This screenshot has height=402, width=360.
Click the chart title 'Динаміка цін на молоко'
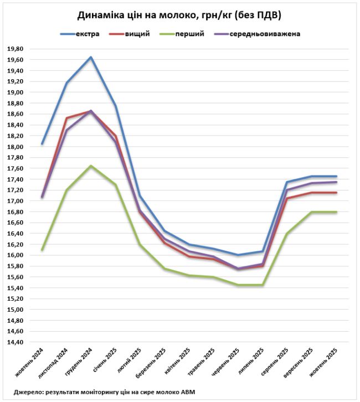tap(179, 15)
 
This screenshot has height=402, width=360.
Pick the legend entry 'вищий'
tap(138, 34)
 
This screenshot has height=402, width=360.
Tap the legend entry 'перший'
tap(189, 34)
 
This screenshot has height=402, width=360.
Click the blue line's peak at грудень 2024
tap(91, 57)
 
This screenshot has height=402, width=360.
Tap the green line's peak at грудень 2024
tap(91, 166)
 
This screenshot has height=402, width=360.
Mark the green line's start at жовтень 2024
tap(42, 250)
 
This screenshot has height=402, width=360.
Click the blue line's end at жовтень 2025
tap(336, 176)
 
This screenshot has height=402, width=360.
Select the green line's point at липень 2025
tap(263, 285)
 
